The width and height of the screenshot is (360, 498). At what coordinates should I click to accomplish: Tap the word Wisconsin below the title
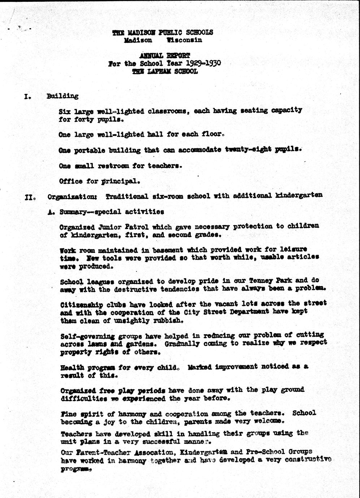(x=184, y=40)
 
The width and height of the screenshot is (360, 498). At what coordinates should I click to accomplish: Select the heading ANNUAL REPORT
(x=165, y=56)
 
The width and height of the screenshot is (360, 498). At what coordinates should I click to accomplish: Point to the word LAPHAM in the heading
(x=158, y=71)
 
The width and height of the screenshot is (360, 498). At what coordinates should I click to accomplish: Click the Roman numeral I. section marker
(x=27, y=97)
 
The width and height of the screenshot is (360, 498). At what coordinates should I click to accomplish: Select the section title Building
(x=62, y=96)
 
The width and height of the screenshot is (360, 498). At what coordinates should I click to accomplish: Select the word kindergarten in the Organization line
(x=299, y=196)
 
